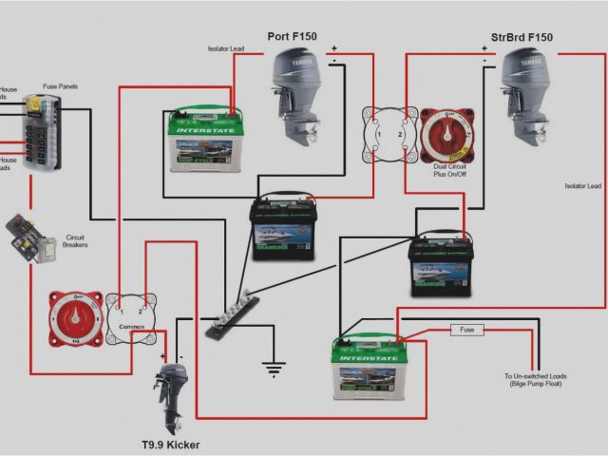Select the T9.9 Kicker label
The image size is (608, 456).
pos(170,444)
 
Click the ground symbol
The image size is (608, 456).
pos(274,367)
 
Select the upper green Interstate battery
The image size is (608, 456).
pos(202,140)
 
